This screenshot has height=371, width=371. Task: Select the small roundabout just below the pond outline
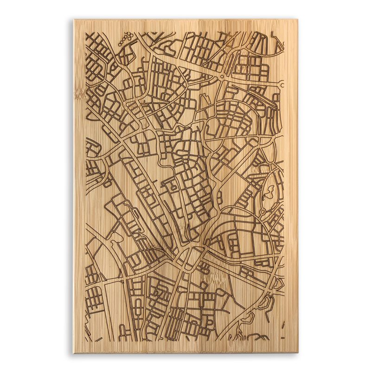click(x=262, y=211)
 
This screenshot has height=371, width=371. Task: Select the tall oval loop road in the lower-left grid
click(x=138, y=308)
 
